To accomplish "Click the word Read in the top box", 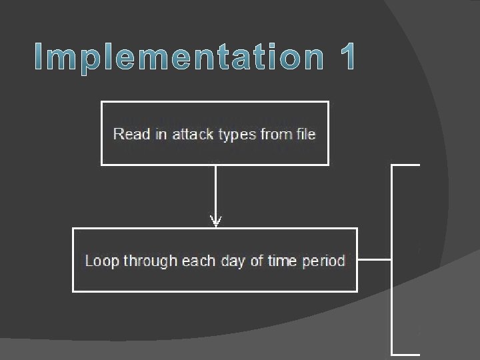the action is pyautogui.click(x=127, y=135).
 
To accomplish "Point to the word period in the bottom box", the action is pyautogui.click(x=324, y=261).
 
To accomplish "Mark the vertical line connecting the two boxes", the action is pyautogui.click(x=215, y=190).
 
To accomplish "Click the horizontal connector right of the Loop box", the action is pyautogui.click(x=374, y=259).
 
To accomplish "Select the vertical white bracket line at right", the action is pyautogui.click(x=391, y=259).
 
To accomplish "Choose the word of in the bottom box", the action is pyautogui.click(x=257, y=261).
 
